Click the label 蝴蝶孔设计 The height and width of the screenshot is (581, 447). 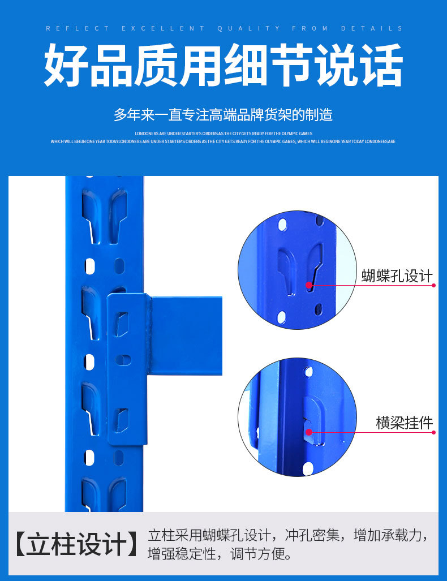click(397, 276)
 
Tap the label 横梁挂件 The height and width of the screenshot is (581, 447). click(404, 422)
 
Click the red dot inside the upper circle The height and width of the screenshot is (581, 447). click(309, 285)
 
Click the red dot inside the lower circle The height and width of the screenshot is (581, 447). click(309, 432)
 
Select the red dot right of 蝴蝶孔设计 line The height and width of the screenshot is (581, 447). click(434, 285)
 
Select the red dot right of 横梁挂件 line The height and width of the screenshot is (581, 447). click(434, 432)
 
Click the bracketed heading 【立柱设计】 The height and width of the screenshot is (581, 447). click(76, 544)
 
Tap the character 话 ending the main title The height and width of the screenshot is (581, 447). click(380, 66)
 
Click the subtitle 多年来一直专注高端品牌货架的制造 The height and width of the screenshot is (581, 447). click(223, 115)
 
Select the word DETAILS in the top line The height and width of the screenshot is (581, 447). click(372, 28)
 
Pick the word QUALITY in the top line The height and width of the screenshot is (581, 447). click(248, 28)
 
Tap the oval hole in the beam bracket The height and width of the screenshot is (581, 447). click(122, 359)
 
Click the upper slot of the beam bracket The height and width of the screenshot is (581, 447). click(122, 325)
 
